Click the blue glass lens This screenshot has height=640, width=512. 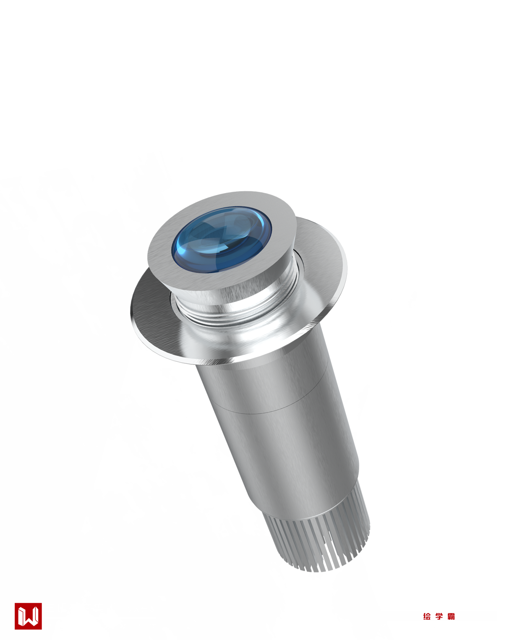point(222,239)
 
